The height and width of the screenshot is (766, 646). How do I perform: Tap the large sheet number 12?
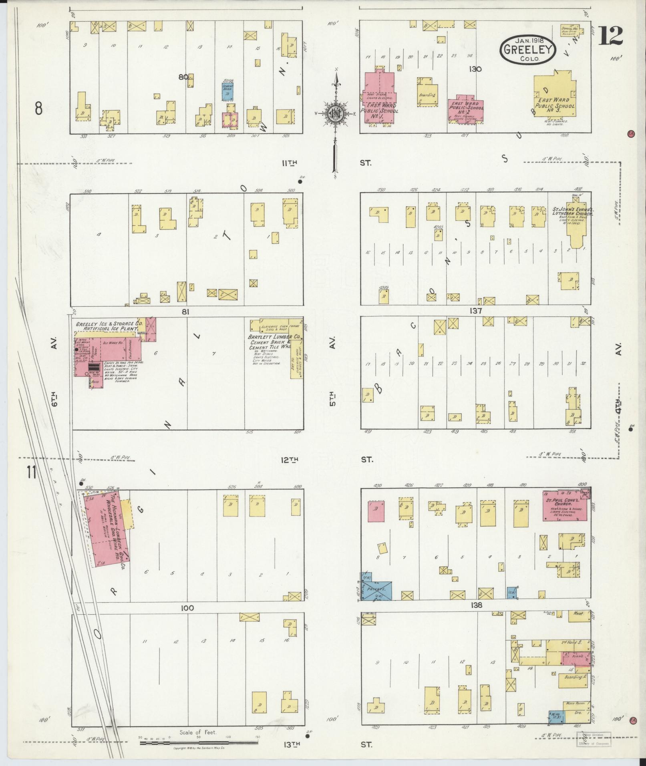tap(611, 36)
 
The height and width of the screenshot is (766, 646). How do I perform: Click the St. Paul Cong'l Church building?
tap(565, 505)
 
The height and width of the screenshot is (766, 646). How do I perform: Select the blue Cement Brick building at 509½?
tap(228, 91)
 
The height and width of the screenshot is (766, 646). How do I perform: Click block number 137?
tap(476, 311)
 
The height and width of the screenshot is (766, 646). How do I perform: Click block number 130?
tap(476, 69)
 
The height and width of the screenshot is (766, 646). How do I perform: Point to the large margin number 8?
tap(38, 108)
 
